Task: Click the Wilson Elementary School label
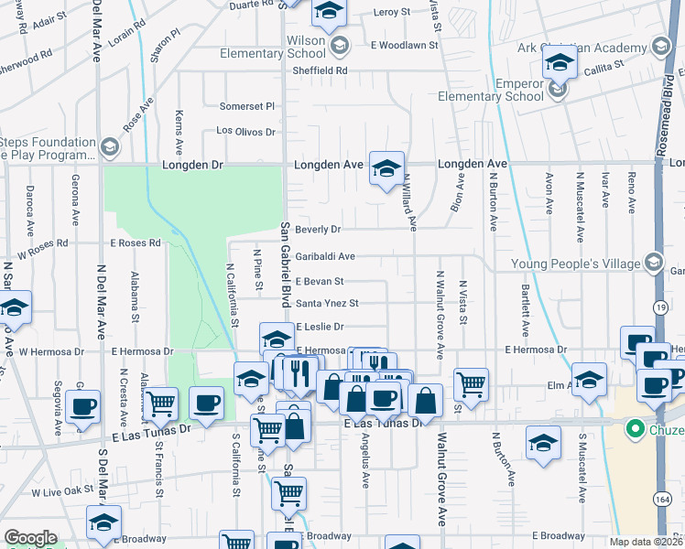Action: click(273, 47)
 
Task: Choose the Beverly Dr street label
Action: click(319, 230)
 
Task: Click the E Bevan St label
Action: click(319, 282)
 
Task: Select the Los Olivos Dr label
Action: click(245, 131)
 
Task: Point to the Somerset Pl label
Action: click(246, 106)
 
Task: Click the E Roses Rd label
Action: click(136, 243)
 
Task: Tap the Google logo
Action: click(30, 537)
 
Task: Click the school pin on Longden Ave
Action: click(386, 167)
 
